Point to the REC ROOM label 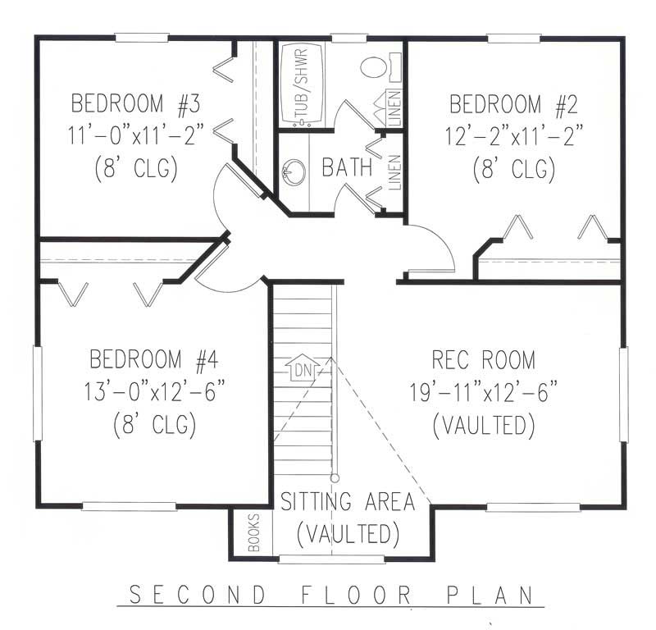pos(483,359)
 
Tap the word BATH pos(345,168)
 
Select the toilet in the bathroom pos(376,66)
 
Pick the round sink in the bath pos(293,173)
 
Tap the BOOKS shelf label pos(253,532)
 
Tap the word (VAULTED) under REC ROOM pos(483,425)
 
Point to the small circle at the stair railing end pos(335,477)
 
